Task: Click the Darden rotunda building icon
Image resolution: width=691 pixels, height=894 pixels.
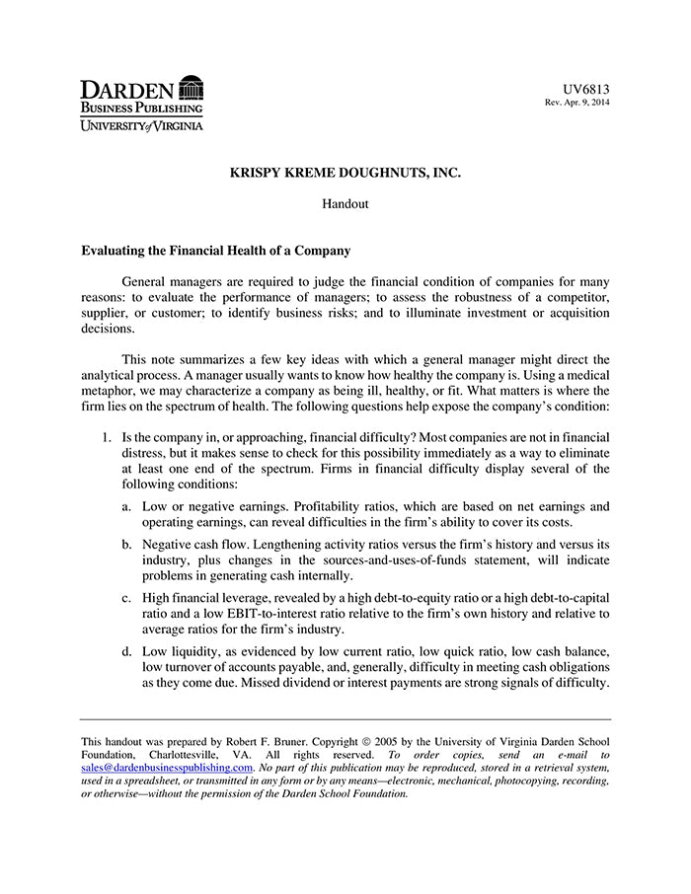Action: click(191, 87)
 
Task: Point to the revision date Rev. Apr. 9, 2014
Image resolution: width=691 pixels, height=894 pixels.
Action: click(577, 103)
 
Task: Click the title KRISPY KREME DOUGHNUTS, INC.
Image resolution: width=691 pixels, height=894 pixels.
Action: click(345, 173)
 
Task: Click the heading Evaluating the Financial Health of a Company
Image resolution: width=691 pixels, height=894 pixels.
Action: click(215, 252)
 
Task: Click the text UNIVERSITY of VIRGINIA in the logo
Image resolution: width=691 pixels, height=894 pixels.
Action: click(142, 125)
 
